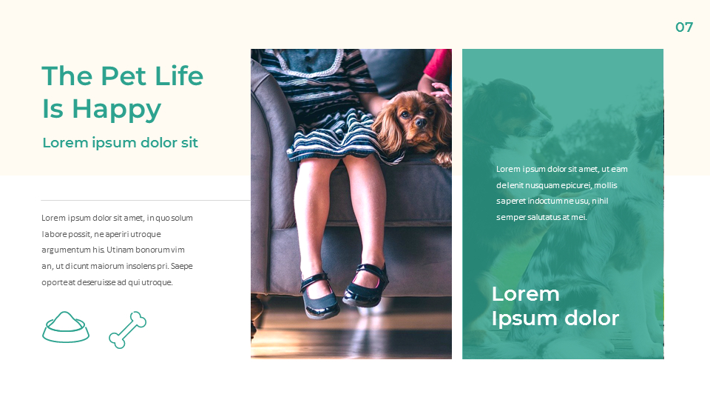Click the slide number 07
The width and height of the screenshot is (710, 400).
click(x=684, y=27)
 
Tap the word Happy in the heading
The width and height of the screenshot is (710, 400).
click(x=117, y=109)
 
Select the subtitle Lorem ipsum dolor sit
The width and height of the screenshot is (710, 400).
click(x=120, y=143)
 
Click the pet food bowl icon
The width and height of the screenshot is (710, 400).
click(x=66, y=327)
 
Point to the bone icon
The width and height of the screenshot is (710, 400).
click(x=127, y=330)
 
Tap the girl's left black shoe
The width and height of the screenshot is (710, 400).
click(x=319, y=294)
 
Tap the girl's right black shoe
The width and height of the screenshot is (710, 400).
click(x=365, y=285)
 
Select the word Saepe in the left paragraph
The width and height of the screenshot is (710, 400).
click(x=182, y=266)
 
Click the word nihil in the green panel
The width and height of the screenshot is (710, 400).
click(x=599, y=201)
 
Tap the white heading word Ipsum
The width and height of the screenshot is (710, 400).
click(x=515, y=319)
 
